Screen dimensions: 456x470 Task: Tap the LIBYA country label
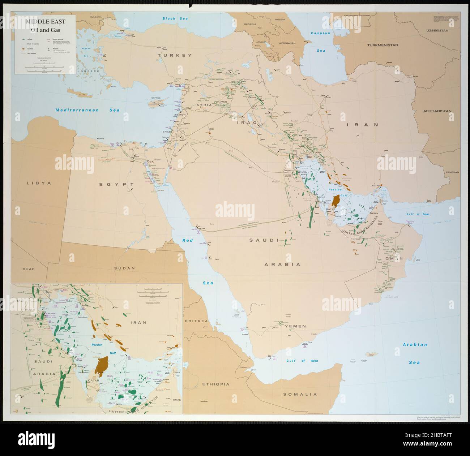(x=39, y=183)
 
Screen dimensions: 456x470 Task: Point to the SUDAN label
(x=124, y=268)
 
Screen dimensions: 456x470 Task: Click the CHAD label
(x=28, y=269)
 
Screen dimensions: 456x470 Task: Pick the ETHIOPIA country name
(x=216, y=384)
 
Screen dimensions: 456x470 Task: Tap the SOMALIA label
(x=300, y=394)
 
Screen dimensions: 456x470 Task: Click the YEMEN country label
(x=295, y=326)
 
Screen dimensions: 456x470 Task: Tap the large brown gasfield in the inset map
(x=102, y=365)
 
